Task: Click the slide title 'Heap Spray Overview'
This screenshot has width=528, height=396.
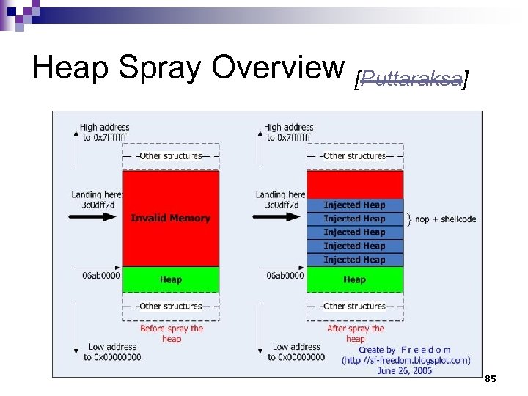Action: pos(189,67)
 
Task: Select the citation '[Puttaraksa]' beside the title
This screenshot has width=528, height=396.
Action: pos(411,78)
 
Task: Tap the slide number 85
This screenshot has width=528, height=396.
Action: pos(491,378)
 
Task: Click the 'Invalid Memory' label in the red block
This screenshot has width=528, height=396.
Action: pos(170,218)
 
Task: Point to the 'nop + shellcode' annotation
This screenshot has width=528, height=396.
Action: pos(447,219)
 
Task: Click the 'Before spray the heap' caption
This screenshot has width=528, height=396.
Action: pos(172,334)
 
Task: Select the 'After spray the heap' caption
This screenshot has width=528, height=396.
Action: pos(356,334)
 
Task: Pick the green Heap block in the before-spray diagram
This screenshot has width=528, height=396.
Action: pos(171,279)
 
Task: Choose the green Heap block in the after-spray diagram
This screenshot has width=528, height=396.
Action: pos(355,279)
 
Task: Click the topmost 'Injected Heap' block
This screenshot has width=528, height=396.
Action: pos(355,205)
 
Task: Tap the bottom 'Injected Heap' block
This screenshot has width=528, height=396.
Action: pos(355,260)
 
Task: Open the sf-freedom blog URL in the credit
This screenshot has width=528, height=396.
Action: pos(406,360)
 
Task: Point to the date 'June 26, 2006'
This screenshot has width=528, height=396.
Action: pos(405,370)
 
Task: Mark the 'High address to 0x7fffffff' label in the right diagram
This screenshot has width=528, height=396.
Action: pos(288,132)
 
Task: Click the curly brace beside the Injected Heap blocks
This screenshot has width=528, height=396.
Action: pos(409,219)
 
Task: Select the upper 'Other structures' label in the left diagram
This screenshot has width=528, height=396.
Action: pos(171,155)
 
